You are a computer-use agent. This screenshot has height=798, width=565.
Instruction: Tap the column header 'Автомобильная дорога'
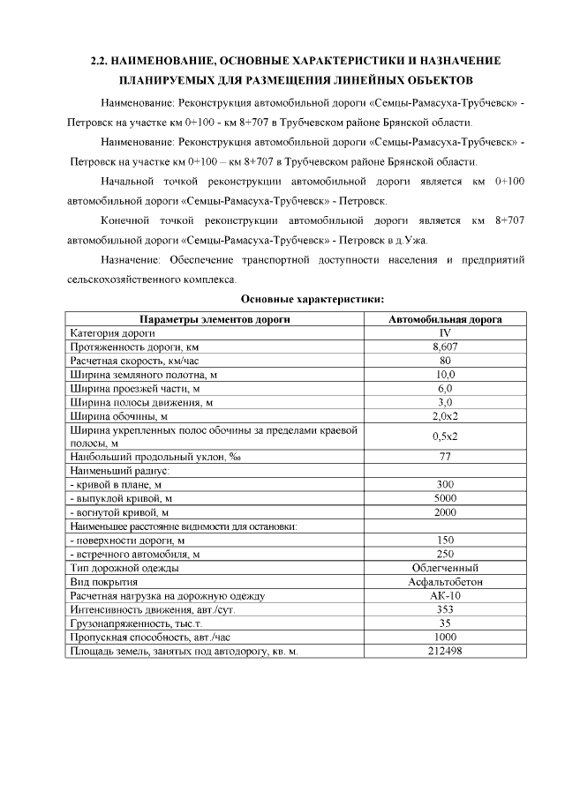[x=445, y=319]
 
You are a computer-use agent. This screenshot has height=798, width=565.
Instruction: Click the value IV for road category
[x=445, y=333]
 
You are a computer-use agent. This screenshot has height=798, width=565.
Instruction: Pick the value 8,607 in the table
[x=445, y=347]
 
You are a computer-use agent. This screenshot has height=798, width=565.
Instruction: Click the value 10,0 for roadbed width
[x=445, y=375]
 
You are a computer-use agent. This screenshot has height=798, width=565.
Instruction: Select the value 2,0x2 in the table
[x=445, y=415]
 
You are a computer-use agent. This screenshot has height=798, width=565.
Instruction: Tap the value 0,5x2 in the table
[x=445, y=436]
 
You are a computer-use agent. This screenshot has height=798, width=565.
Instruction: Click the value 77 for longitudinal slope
[x=445, y=457]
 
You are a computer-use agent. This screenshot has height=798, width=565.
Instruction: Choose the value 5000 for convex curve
[x=445, y=498]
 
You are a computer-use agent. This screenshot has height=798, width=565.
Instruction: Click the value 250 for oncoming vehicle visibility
[x=445, y=554]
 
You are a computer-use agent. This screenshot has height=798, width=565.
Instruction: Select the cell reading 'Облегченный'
[x=445, y=568]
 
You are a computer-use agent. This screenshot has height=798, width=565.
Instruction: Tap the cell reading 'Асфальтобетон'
[x=445, y=582]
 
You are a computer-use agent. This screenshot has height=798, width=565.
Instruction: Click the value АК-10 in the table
[x=445, y=596]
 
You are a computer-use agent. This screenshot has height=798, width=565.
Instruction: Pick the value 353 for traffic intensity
[x=445, y=609]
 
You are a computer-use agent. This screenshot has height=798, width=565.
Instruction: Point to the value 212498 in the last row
[x=445, y=651]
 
